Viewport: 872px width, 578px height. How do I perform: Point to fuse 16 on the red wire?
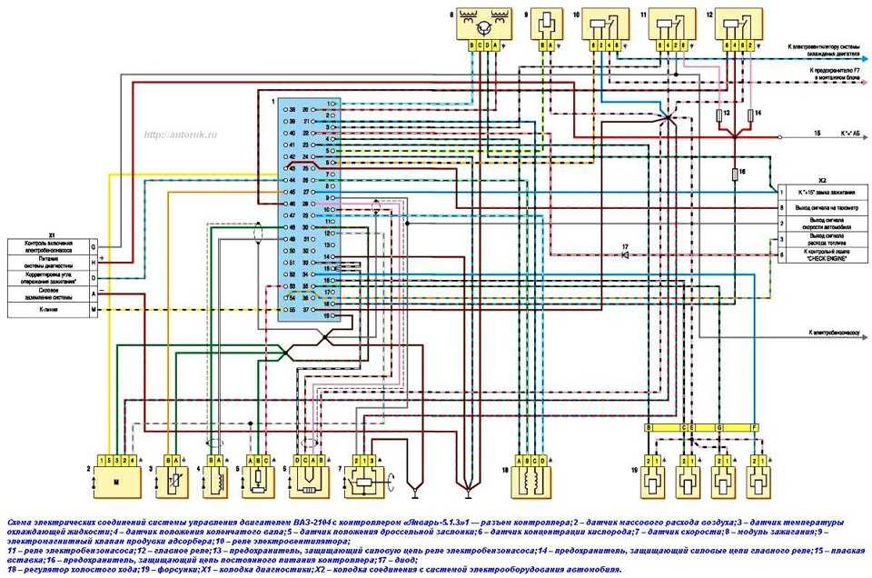pyautogui.click(x=735, y=172)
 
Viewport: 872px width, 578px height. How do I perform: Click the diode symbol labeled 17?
pyautogui.click(x=625, y=255)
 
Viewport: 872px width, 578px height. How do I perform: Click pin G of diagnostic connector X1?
pyautogui.click(x=93, y=246)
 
